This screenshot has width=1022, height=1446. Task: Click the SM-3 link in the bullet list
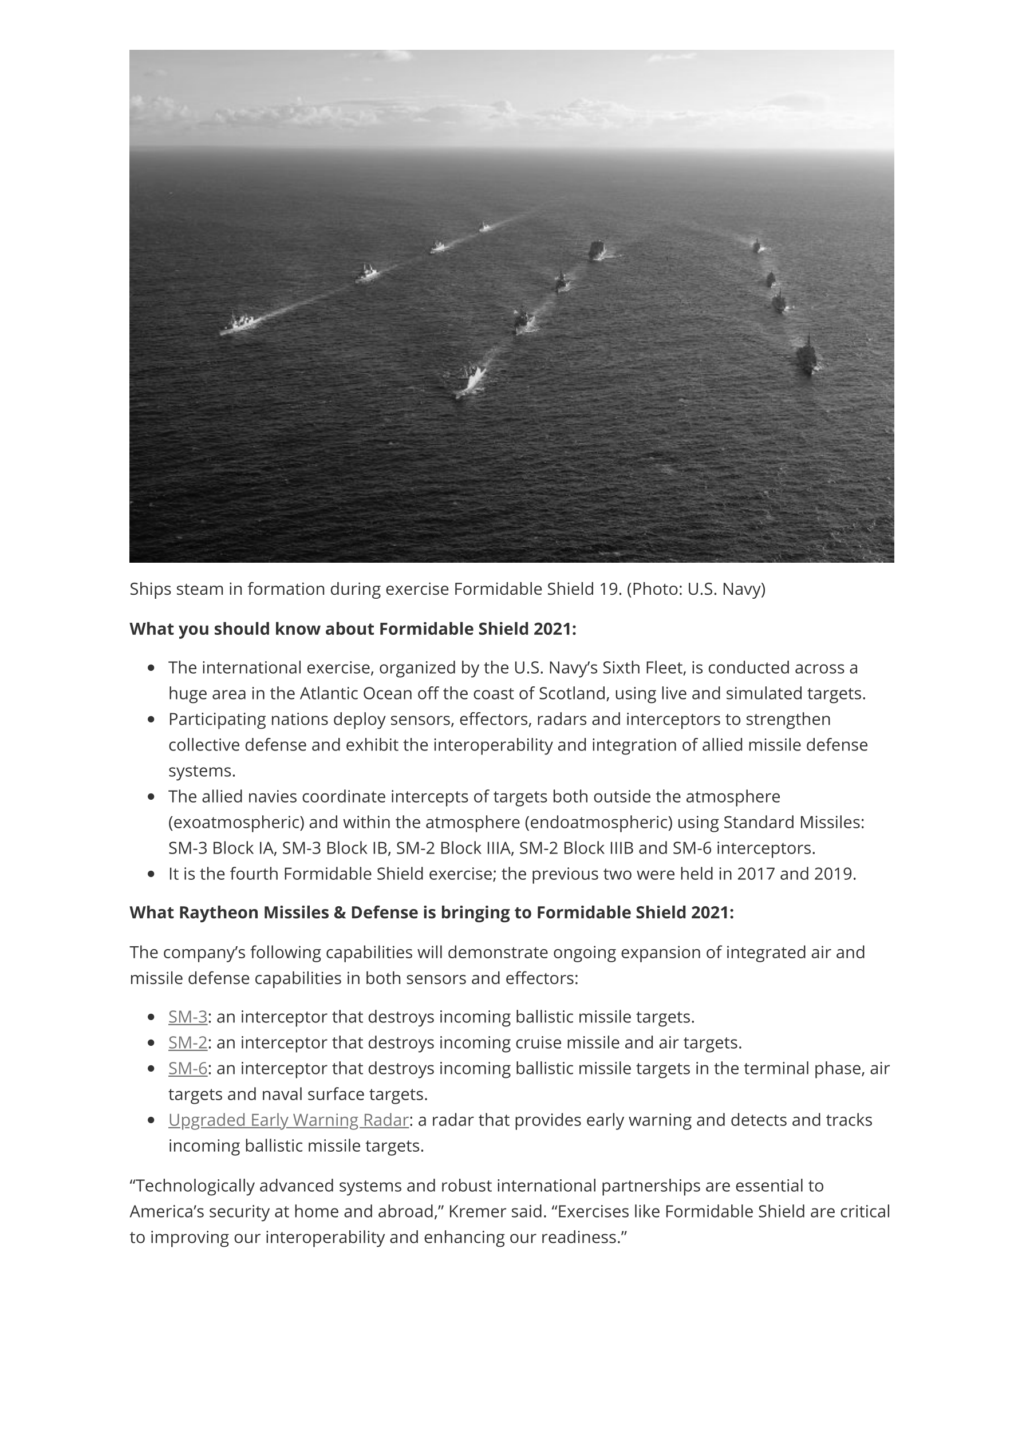pyautogui.click(x=187, y=1017)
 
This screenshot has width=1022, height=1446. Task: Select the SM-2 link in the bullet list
pyautogui.click(x=187, y=1042)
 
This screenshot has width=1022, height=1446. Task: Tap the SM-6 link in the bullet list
pyautogui.click(x=187, y=1068)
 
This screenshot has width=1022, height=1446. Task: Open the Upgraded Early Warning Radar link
pyautogui.click(x=288, y=1120)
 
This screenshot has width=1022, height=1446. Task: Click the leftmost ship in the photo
pyautogui.click(x=240, y=323)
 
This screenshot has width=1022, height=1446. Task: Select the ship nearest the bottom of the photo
pyautogui.click(x=471, y=381)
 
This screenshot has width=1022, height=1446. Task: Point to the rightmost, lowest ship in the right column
pyautogui.click(x=807, y=357)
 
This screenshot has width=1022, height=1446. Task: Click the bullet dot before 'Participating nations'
pyautogui.click(x=151, y=719)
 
